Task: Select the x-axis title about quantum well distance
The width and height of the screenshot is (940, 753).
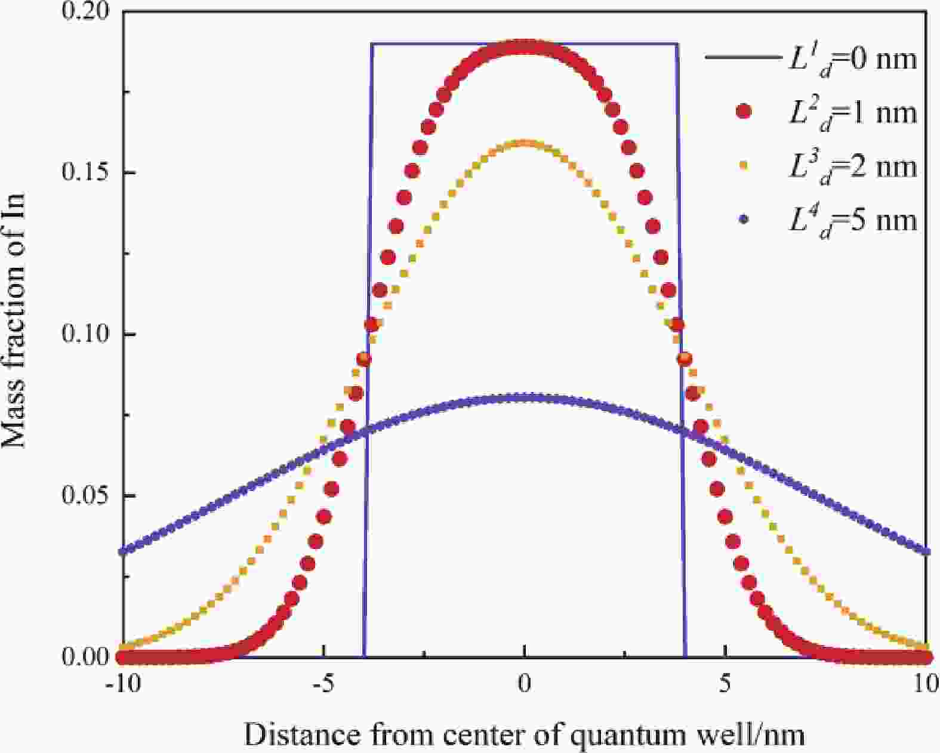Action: pos(524,734)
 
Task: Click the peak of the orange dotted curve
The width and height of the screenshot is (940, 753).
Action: pos(525,143)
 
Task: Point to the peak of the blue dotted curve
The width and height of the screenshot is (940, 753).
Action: pos(525,397)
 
